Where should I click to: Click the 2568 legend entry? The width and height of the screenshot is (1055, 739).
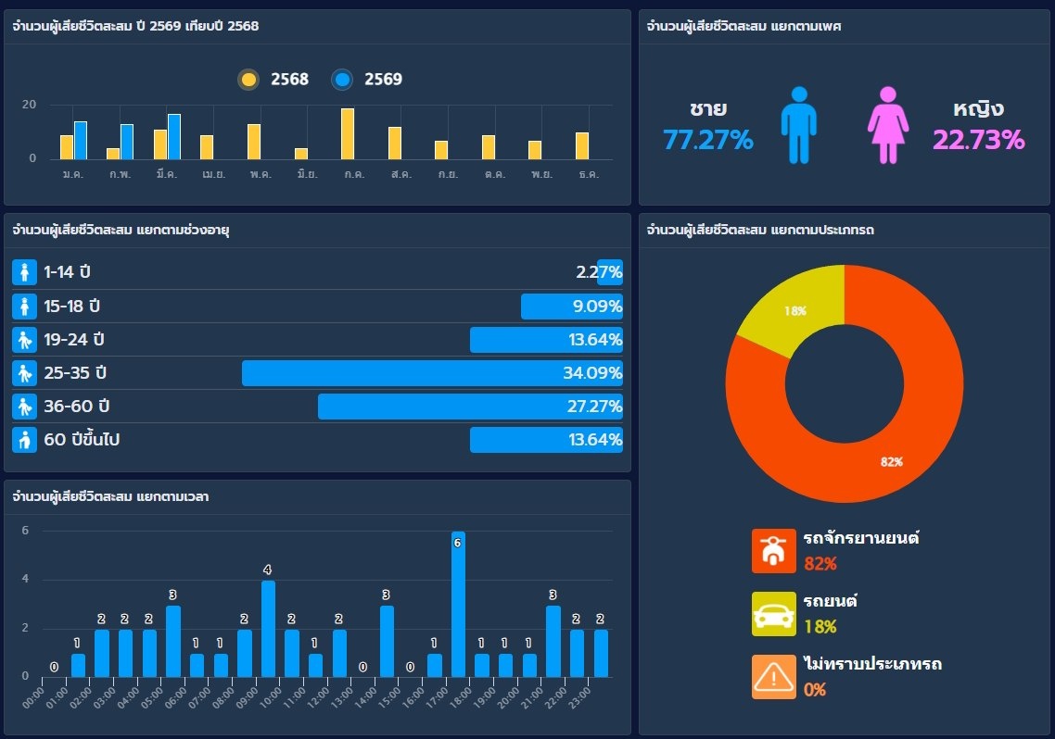click(x=273, y=80)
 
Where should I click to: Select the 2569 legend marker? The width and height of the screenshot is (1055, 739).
click(x=343, y=80)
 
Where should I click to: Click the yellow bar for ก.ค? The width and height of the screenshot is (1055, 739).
click(x=348, y=134)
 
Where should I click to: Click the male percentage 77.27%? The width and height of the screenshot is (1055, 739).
click(x=708, y=140)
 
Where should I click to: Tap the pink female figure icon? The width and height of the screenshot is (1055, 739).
click(x=888, y=125)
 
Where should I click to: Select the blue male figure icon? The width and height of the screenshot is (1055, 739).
click(x=798, y=125)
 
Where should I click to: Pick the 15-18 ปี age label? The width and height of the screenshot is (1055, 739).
click(x=71, y=307)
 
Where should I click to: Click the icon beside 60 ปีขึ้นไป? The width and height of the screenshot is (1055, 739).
click(x=25, y=440)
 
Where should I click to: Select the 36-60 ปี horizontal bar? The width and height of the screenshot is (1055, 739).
click(x=470, y=407)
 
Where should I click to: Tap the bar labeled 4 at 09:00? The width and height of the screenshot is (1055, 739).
click(x=268, y=629)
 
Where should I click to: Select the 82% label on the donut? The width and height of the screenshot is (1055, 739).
click(x=892, y=462)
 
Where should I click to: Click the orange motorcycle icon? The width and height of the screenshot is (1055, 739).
click(x=773, y=551)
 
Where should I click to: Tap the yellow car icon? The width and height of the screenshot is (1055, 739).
click(x=773, y=614)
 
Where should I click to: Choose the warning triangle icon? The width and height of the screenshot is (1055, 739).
click(x=773, y=677)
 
